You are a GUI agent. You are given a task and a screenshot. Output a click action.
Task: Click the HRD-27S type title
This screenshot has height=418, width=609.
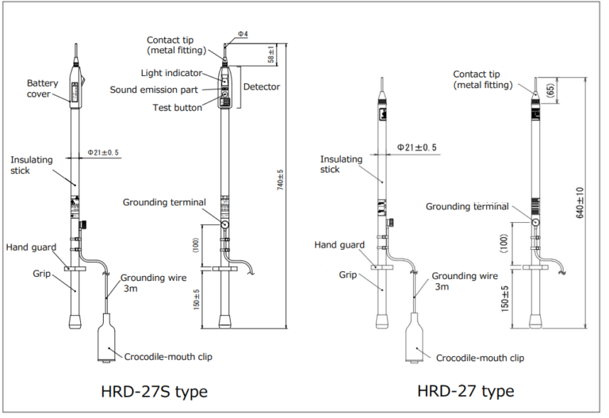tap(155, 391)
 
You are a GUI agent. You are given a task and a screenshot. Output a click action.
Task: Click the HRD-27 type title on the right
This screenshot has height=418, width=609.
tap(465, 391)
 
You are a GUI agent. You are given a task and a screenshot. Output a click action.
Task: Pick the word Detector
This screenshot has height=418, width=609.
tap(262, 86)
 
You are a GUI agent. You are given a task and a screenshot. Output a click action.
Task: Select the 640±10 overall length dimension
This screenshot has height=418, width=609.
tap(580, 203)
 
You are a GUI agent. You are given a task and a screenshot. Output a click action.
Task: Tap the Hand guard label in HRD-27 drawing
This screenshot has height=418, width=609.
tap(339, 245)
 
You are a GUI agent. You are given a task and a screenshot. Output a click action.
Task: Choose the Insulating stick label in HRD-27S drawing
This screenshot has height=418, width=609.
tap(32, 165)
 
